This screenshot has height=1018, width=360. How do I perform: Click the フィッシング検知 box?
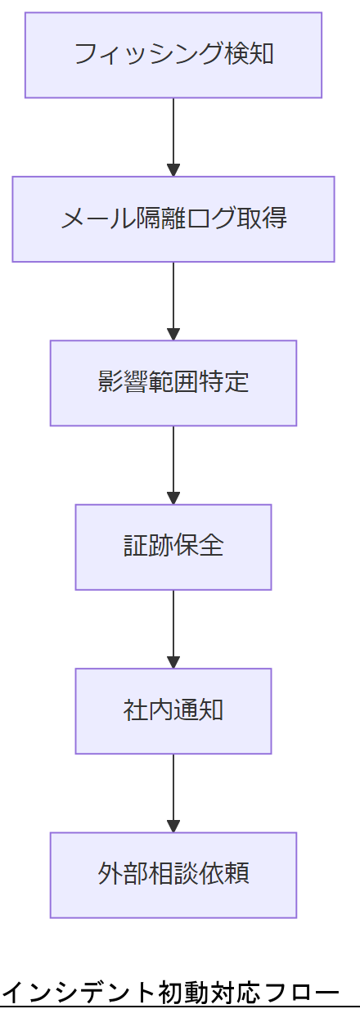tap(173, 55)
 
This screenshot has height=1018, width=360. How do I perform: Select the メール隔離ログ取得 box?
tap(173, 219)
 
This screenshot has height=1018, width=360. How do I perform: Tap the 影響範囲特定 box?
tap(173, 383)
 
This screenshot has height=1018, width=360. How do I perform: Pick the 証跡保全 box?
tap(173, 547)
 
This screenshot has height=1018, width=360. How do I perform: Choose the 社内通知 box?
tap(173, 711)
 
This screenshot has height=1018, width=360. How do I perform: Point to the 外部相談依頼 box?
tap(173, 875)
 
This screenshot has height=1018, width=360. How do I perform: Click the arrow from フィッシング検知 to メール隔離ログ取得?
tap(173, 135)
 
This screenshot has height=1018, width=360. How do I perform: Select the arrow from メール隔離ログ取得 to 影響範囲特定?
tap(173, 299)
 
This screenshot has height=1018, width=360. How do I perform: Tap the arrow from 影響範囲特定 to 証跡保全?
tap(173, 462)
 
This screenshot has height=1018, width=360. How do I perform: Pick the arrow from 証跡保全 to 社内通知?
tap(173, 627)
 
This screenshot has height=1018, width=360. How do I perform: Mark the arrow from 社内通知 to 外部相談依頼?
tap(173, 791)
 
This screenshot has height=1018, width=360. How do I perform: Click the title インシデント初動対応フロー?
tap(169, 993)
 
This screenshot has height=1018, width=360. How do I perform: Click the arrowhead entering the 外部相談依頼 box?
tap(173, 826)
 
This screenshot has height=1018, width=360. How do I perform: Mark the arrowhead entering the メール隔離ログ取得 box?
tap(173, 170)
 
